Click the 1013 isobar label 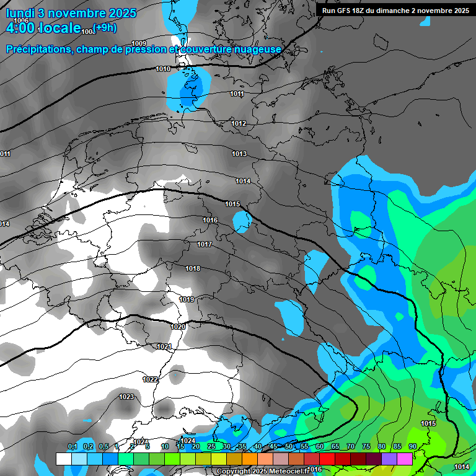239,154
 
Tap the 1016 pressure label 210,220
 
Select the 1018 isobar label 193,268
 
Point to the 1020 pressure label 178,327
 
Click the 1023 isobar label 126,397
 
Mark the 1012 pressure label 239,123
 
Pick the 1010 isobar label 164,69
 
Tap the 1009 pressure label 139,43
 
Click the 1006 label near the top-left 21,21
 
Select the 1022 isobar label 150,379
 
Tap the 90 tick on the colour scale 412,446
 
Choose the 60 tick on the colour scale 319,446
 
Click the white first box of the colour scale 64,459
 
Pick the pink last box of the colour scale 405,459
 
